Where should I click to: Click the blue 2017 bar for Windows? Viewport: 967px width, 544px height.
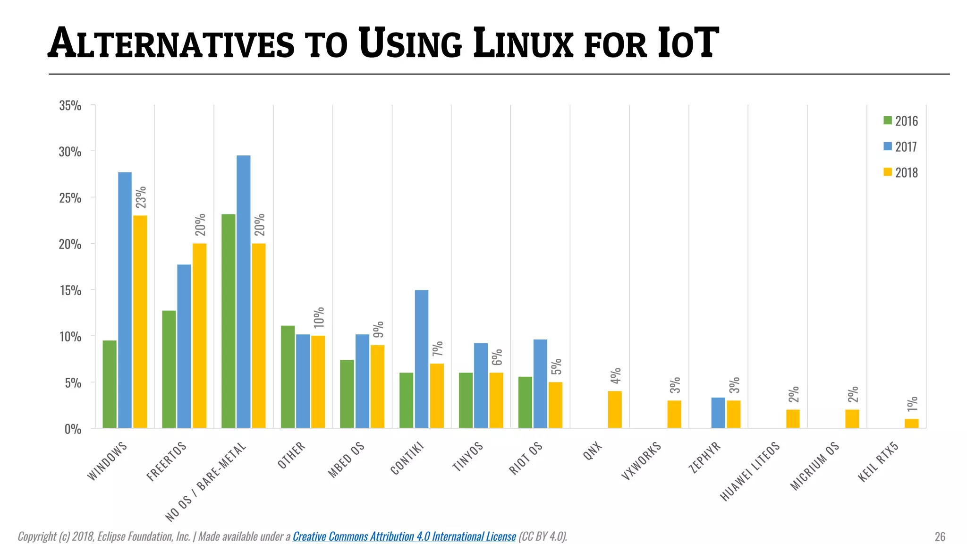tap(125, 300)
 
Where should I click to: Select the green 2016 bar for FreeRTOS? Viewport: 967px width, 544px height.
tap(169, 369)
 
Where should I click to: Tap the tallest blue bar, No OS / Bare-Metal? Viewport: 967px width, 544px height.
tap(243, 291)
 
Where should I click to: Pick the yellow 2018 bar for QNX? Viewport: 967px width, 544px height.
tap(614, 409)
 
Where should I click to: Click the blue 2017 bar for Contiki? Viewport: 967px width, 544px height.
tap(421, 359)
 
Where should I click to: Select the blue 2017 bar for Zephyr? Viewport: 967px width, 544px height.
tap(718, 413)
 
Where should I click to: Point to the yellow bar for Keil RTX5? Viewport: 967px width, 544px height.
tap(911, 423)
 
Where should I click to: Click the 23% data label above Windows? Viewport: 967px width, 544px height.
tap(141, 197)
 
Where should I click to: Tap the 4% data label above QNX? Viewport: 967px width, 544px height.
tap(615, 376)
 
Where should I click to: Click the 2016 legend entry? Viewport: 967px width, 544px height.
tap(901, 121)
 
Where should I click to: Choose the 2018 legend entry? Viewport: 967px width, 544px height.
tap(901, 172)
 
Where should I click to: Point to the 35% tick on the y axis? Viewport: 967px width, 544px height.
tap(70, 106)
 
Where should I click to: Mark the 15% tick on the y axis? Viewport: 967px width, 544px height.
tap(70, 290)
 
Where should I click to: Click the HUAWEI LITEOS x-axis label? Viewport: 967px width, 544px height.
tap(749, 472)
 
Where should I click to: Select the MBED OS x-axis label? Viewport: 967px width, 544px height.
tap(346, 460)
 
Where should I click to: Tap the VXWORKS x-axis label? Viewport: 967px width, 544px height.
tap(641, 461)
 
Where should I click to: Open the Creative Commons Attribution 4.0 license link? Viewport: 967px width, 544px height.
tap(404, 536)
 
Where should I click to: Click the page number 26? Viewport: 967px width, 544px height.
tap(940, 536)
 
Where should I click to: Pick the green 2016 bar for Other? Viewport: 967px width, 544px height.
tap(288, 377)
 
